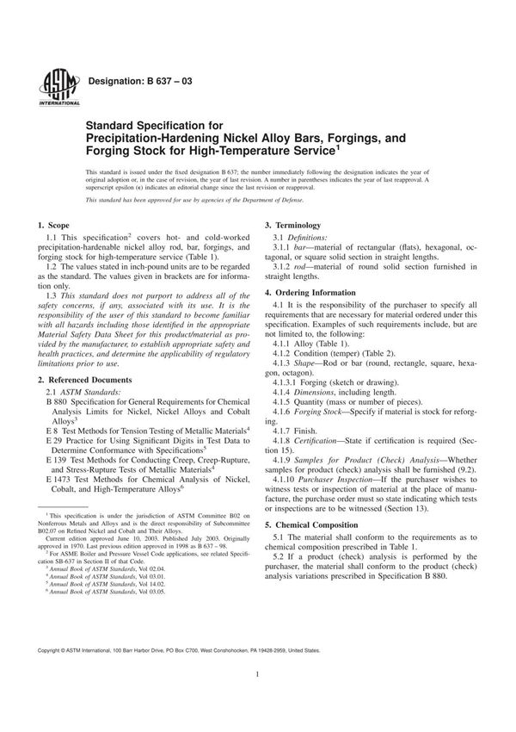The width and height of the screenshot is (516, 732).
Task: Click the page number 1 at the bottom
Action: click(258, 700)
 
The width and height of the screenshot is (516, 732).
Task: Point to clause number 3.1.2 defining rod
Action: click(285, 267)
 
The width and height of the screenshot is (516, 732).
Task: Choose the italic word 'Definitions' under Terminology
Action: click(308, 237)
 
